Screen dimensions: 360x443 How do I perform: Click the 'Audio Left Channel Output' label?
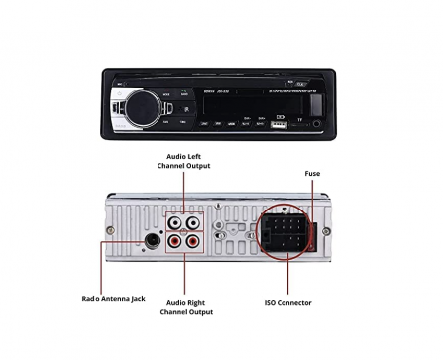click(x=184, y=161)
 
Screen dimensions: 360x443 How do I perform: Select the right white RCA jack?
click(x=194, y=222)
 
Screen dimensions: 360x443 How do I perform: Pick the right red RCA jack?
click(x=194, y=242)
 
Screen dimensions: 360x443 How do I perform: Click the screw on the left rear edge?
click(x=108, y=230)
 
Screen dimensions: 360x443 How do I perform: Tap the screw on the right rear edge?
click(x=325, y=229)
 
